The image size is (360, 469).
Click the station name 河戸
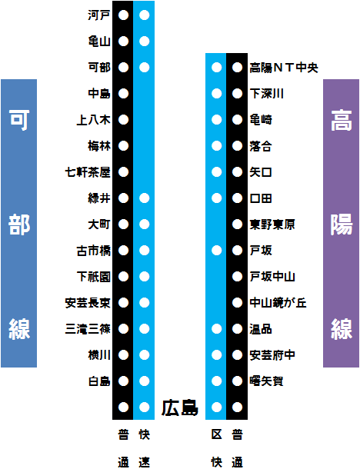pos(99,15)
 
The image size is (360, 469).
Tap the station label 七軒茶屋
pos(88,172)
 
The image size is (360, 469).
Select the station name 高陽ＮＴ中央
pos(284,68)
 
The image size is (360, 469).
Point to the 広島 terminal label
pos(180,407)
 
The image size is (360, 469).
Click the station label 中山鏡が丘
pos(278,303)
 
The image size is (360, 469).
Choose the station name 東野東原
pos(272,225)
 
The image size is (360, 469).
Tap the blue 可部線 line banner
pos(19,223)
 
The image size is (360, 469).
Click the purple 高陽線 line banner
pos(341,223)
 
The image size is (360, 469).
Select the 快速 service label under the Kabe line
pos(145,448)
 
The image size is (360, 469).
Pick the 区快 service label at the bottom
pos(217,448)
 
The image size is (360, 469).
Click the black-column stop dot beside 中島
pos(123,94)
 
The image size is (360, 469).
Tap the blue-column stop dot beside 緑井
pos(145,198)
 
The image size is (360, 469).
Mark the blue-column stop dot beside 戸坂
pos(217,251)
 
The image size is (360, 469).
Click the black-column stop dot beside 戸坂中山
pos(237,276)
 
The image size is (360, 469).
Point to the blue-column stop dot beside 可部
pos(145,68)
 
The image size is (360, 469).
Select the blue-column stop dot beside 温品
pos(217,329)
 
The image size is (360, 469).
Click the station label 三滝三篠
pos(88,329)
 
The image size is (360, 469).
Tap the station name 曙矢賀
pos(267,381)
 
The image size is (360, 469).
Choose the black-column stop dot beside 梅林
pos(123,146)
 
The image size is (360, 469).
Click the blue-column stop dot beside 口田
pos(217,198)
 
